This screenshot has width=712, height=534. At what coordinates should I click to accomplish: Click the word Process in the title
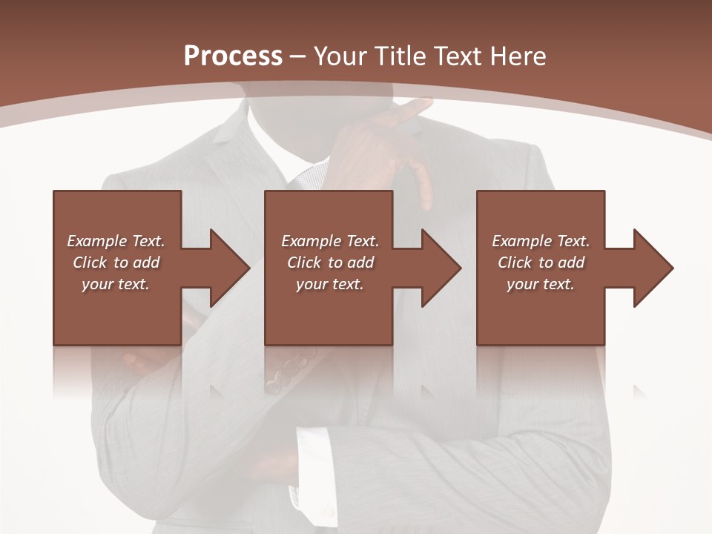233,56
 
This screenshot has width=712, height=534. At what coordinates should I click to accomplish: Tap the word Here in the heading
518,56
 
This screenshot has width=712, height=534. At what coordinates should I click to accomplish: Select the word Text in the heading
458,56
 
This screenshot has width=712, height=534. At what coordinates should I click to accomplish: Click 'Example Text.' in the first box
116,241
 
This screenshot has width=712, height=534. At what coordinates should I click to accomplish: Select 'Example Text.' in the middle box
330,241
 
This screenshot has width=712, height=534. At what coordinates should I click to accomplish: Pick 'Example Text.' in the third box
541,241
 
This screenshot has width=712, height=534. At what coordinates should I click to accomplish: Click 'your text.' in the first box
116,284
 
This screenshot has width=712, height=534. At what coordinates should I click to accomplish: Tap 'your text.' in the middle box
330,284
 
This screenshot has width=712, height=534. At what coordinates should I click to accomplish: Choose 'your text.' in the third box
541,284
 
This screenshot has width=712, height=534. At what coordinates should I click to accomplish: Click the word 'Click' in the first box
90,263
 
